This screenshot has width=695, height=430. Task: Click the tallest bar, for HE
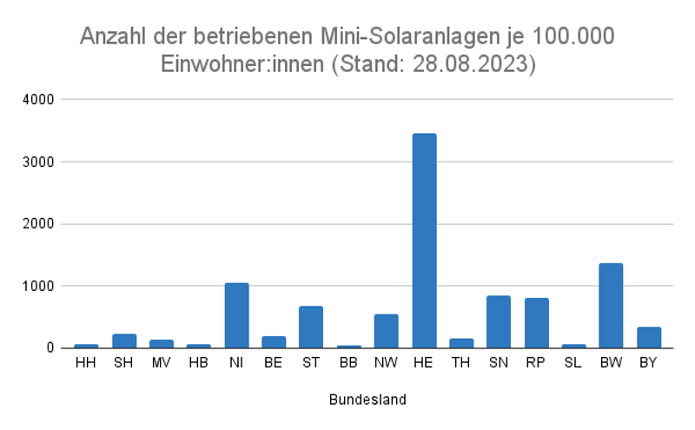[x=424, y=241]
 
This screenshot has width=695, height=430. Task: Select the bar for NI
[x=236, y=315]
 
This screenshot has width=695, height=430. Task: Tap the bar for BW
[x=611, y=306]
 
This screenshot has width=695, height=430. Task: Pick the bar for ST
[x=311, y=327]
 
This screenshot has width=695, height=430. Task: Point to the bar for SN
[x=499, y=321]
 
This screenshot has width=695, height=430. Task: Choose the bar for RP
[x=536, y=323]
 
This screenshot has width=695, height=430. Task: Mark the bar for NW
[x=386, y=331]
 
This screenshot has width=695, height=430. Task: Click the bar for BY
[x=648, y=337]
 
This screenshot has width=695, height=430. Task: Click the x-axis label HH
[x=86, y=362]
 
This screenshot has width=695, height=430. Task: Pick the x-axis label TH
[x=460, y=362]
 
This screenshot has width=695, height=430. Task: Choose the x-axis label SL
[x=573, y=362]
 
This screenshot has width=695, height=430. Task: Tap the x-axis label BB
[x=348, y=362]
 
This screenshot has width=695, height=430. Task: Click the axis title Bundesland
[x=367, y=400]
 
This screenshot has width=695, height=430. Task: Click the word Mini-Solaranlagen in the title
[x=418, y=36]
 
